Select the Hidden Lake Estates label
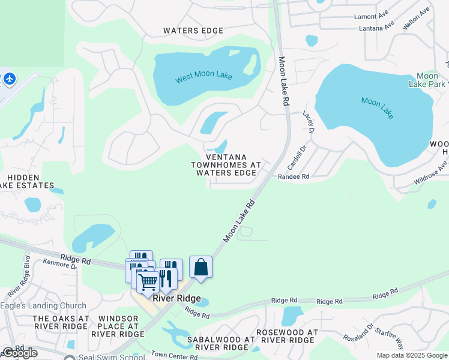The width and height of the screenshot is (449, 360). pos(24,182)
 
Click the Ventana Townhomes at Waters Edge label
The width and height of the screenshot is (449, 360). pos(226,164)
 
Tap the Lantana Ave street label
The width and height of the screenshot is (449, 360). pos(376,28)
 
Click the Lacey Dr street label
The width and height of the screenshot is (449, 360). pos(309,122)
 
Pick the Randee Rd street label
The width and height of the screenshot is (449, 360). pos(293,176)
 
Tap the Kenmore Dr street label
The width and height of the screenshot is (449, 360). pos(60,265)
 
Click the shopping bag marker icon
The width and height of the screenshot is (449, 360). pos(200,267)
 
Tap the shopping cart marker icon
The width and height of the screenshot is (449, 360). pos(148,281)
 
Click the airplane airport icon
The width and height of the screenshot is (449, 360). pos(10,79)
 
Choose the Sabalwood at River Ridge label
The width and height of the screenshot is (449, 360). pos(221,343)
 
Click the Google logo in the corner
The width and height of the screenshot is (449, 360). pos(20,353)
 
